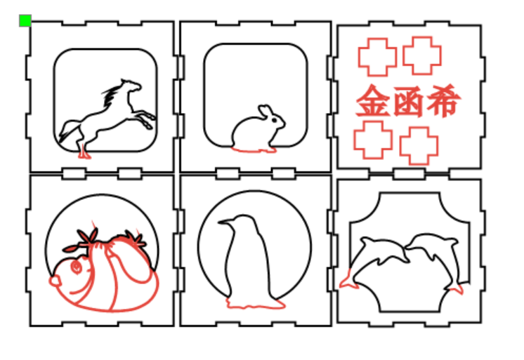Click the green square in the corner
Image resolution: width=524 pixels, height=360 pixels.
click(x=25, y=20)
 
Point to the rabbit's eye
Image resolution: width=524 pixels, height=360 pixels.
click(x=275, y=120)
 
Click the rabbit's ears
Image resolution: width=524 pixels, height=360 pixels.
click(x=265, y=111)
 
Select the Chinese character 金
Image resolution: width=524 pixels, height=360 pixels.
click(x=373, y=100)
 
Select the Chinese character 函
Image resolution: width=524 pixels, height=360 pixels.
click(x=409, y=102)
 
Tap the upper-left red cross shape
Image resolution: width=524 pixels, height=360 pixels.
click(x=378, y=57)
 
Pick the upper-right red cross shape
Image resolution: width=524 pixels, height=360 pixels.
click(x=422, y=55)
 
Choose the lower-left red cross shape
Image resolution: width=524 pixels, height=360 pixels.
click(x=373, y=140)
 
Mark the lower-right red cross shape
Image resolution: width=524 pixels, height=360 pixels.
click(x=419, y=145)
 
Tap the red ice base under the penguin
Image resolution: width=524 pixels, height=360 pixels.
click(x=256, y=303)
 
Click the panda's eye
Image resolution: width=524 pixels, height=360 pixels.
click(x=76, y=267)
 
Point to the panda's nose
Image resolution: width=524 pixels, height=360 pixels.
click(x=55, y=281)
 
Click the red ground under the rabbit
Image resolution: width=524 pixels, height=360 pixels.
click(x=254, y=150)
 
